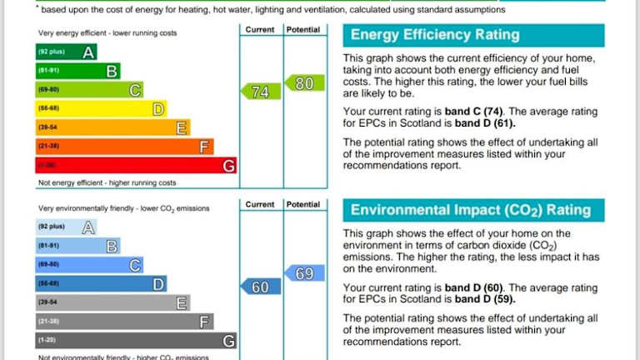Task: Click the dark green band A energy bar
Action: point(66,52)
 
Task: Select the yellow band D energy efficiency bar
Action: point(101,109)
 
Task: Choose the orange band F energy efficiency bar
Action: point(124,147)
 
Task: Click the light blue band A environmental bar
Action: point(66,227)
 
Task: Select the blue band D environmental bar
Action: point(101,284)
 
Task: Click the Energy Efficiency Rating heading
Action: point(435,35)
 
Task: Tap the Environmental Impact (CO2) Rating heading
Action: point(471,210)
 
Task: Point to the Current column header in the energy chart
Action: point(260,29)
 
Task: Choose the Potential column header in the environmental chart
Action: point(304,204)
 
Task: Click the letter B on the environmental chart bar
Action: point(112,246)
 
